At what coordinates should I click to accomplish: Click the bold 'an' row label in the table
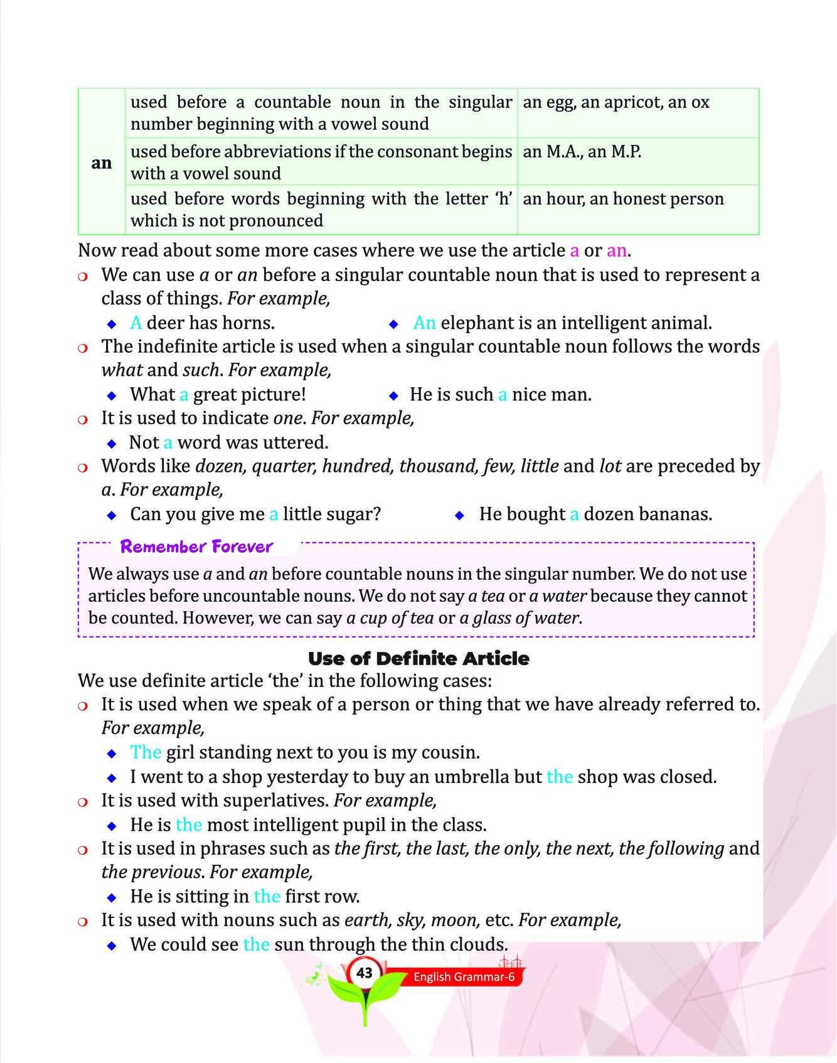tap(101, 163)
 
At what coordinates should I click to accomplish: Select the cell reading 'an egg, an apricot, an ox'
tap(616, 102)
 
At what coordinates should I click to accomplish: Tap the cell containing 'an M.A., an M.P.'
tap(582, 152)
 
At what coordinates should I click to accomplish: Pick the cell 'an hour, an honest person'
tap(623, 199)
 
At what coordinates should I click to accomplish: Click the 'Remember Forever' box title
tap(196, 547)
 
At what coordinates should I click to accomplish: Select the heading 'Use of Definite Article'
tap(418, 658)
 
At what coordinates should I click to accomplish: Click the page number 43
tap(364, 973)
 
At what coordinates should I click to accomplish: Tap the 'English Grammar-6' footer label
tap(464, 977)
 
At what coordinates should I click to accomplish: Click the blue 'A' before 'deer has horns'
tap(136, 323)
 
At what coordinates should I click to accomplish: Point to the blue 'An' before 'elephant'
tap(424, 323)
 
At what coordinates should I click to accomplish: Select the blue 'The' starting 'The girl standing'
tap(146, 752)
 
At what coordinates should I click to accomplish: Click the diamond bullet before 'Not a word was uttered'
tap(112, 444)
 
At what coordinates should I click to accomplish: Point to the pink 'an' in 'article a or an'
tap(616, 251)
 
